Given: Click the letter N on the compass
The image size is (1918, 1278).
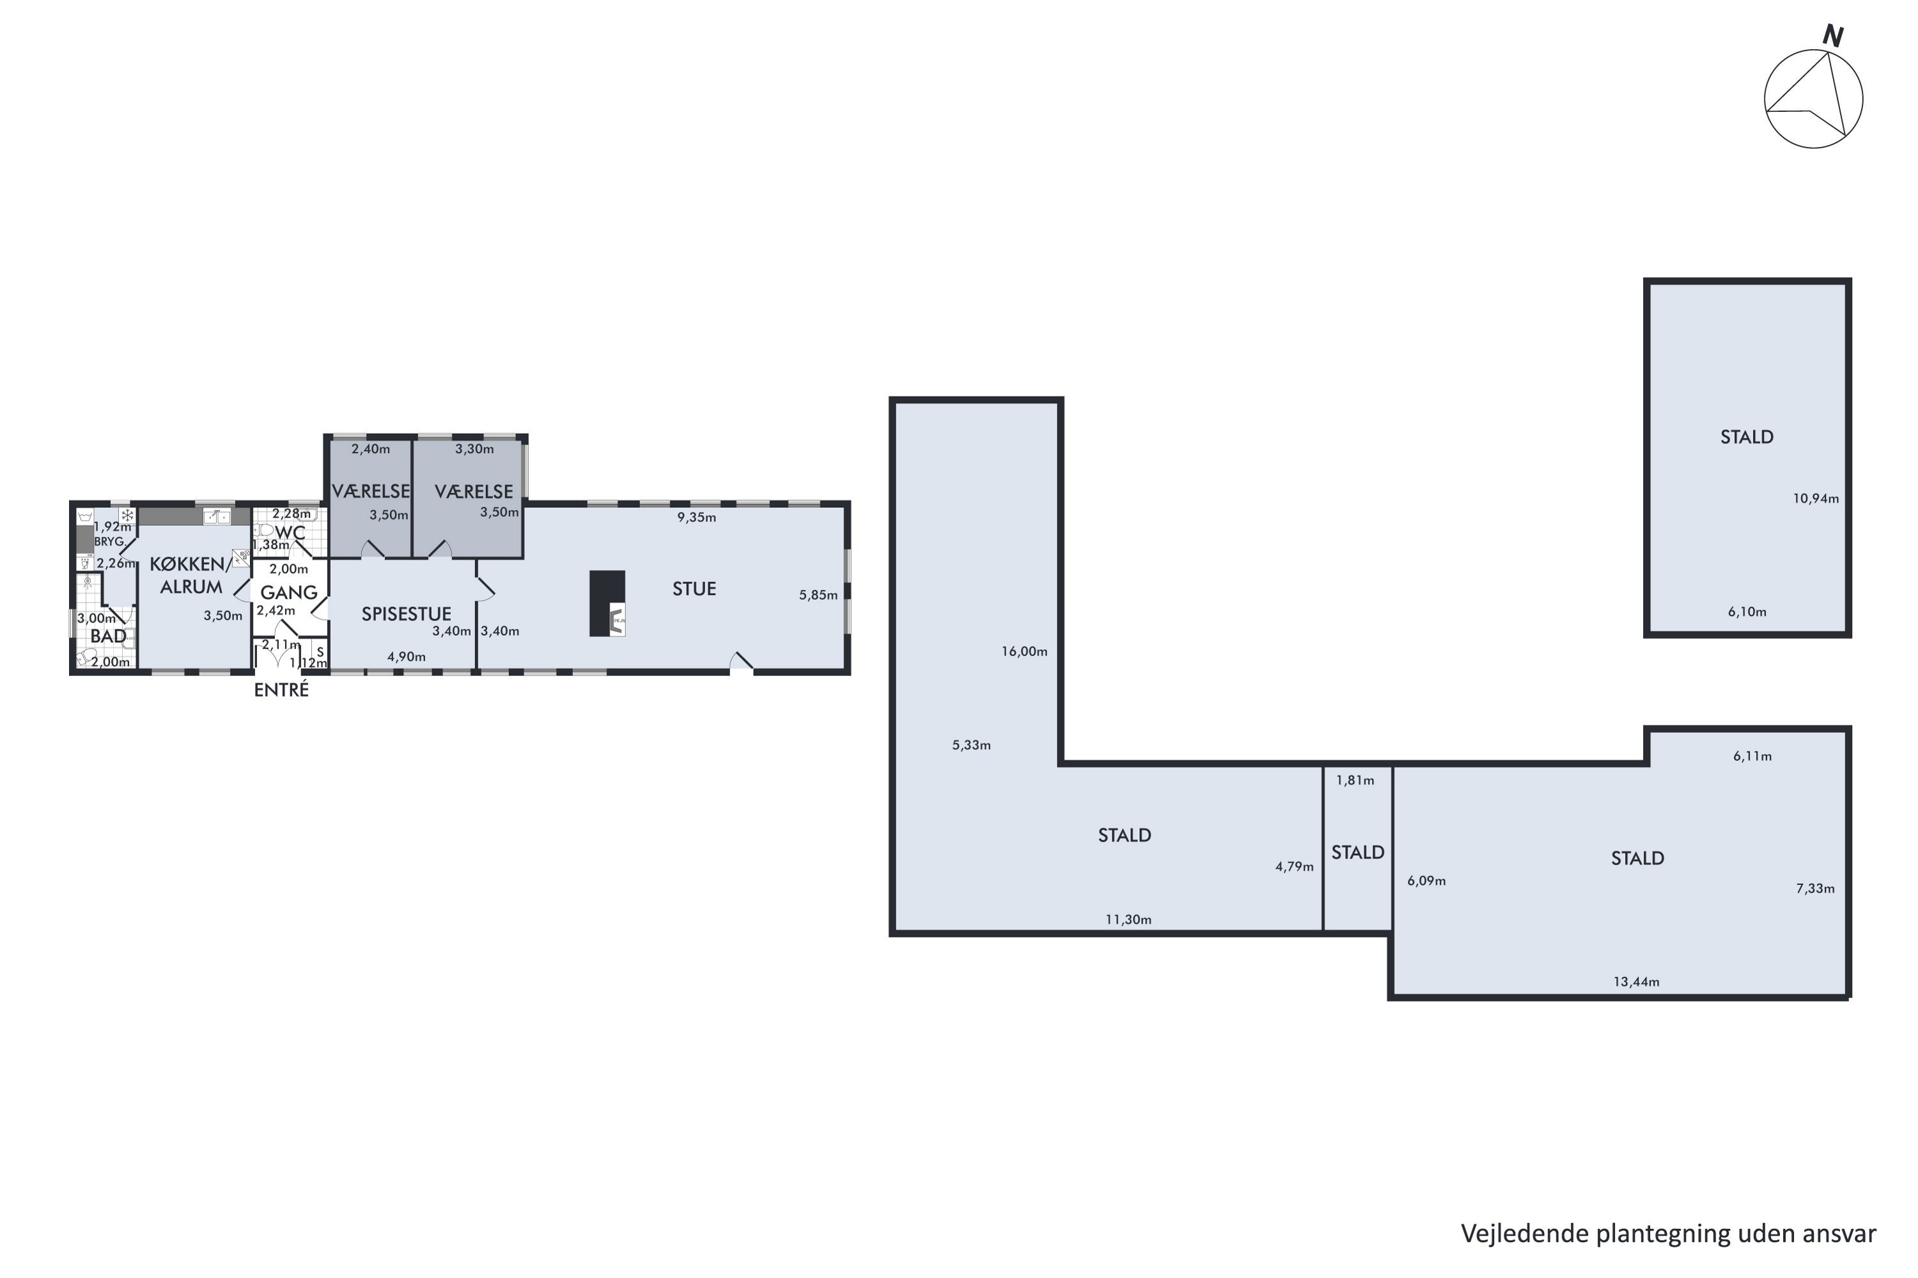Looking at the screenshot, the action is pos(1832,36).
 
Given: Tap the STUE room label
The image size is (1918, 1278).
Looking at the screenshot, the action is pos(694,589).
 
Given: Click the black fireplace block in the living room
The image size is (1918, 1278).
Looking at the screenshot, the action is pos(607,603).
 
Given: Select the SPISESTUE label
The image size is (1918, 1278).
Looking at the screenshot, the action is pos(406,613).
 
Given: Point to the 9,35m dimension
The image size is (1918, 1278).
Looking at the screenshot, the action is pos(696,518).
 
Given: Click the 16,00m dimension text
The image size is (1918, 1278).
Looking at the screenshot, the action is pos(1024,651).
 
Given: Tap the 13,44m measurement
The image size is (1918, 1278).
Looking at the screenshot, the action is pos(1636,982).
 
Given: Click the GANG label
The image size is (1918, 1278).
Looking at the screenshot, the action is pos(289,592).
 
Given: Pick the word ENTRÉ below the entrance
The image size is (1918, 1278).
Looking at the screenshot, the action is pos(281,689).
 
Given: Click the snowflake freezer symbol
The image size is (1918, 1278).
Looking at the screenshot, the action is pos(127,515).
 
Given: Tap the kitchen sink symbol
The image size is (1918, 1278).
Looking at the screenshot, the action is pos(216,517).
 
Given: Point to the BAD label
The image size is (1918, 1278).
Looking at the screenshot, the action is pos(109,636).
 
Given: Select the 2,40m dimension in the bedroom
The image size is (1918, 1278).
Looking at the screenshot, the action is pos(370,449).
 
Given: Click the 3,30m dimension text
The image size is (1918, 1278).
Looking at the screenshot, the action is pos(474,449).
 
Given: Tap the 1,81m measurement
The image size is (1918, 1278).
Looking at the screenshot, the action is pos(1355,781).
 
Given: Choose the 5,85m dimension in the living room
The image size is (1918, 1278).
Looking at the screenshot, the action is pos(818,596).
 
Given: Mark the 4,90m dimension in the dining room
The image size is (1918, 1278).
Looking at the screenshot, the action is pos(406,657).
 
